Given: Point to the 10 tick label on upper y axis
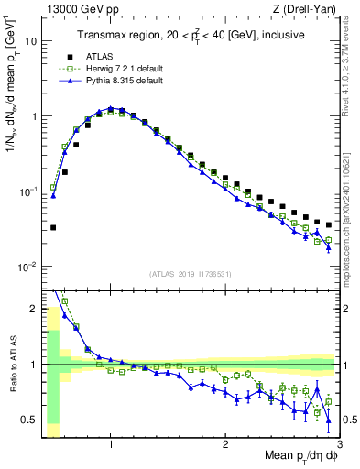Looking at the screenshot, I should (x=31, y=41).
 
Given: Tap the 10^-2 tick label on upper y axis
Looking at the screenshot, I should (x=27, y=267).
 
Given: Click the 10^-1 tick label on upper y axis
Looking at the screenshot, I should (x=27, y=191).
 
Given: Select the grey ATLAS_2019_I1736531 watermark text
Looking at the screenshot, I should (x=190, y=274).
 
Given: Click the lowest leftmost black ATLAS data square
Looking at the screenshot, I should (x=53, y=227).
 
